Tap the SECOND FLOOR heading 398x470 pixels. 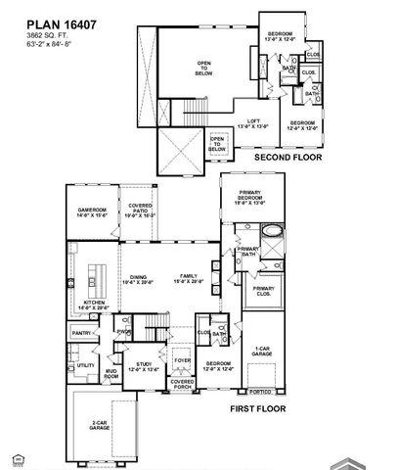click(x=287, y=157)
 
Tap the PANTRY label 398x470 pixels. click(x=80, y=334)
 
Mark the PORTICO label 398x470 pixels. click(x=259, y=393)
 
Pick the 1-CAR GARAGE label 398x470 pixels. click(x=262, y=351)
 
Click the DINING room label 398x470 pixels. click(x=139, y=279)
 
